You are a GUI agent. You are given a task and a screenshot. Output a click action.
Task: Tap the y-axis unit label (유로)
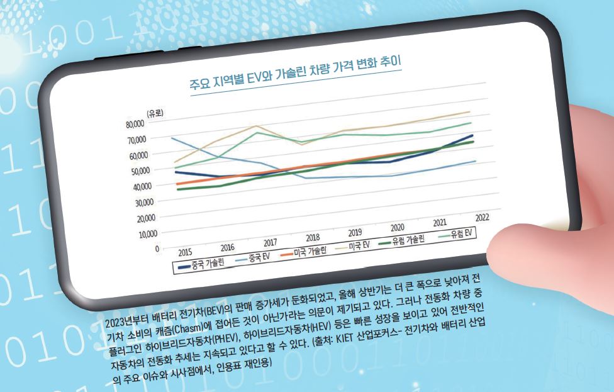click(155, 113)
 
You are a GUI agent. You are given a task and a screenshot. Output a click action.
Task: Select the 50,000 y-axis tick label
click(136, 171)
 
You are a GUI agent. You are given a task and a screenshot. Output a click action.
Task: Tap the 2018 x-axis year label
click(313, 238)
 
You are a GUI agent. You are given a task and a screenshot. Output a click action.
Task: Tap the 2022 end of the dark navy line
click(472, 135)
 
